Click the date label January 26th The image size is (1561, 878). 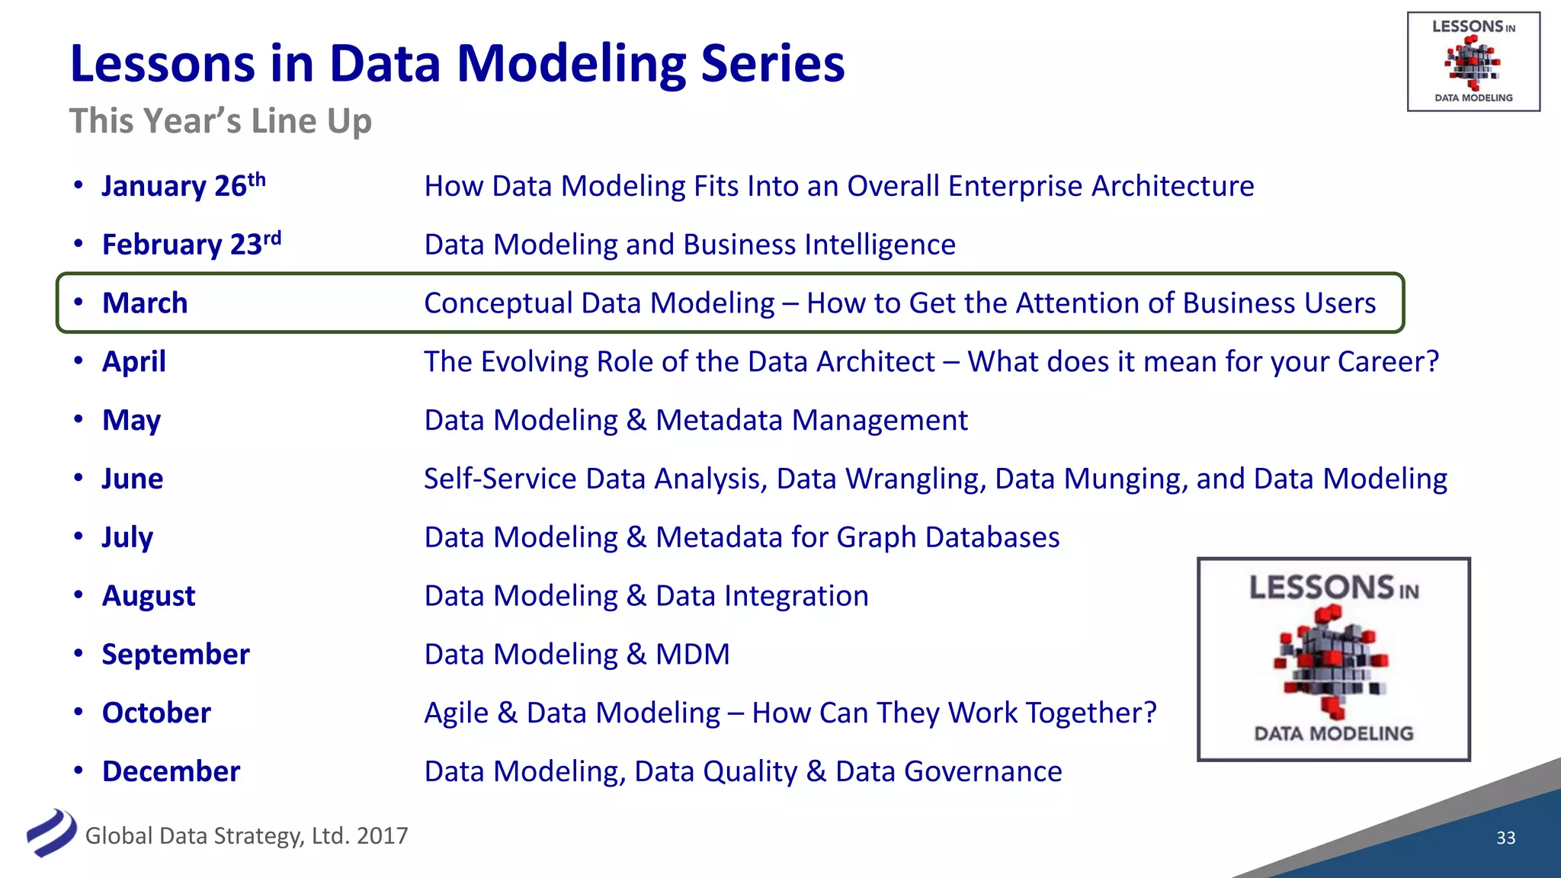click(x=183, y=186)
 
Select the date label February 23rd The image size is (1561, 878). click(x=191, y=245)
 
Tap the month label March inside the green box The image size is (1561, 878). click(x=145, y=303)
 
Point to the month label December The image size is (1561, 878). click(x=171, y=771)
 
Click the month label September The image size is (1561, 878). click(x=175, y=655)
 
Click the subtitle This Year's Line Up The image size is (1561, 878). click(x=220, y=121)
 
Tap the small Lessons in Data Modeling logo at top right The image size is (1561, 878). click(x=1473, y=62)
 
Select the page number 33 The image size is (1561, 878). click(x=1505, y=838)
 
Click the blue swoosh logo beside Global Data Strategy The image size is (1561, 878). click(x=51, y=833)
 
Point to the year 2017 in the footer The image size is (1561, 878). click(x=382, y=836)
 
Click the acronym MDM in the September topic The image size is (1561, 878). click(x=692, y=655)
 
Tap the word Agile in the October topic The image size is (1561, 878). click(x=456, y=713)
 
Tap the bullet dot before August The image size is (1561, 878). click(x=79, y=594)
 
